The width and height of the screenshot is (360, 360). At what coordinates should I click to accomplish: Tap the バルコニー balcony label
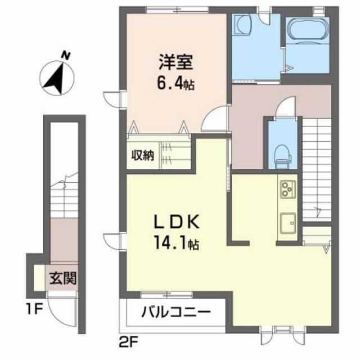coord(175,310)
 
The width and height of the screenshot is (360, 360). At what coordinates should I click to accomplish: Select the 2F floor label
coord(128,341)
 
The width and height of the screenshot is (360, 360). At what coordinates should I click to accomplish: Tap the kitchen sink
coord(288,220)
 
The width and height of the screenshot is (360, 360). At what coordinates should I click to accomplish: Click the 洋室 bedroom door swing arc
coord(215,119)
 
